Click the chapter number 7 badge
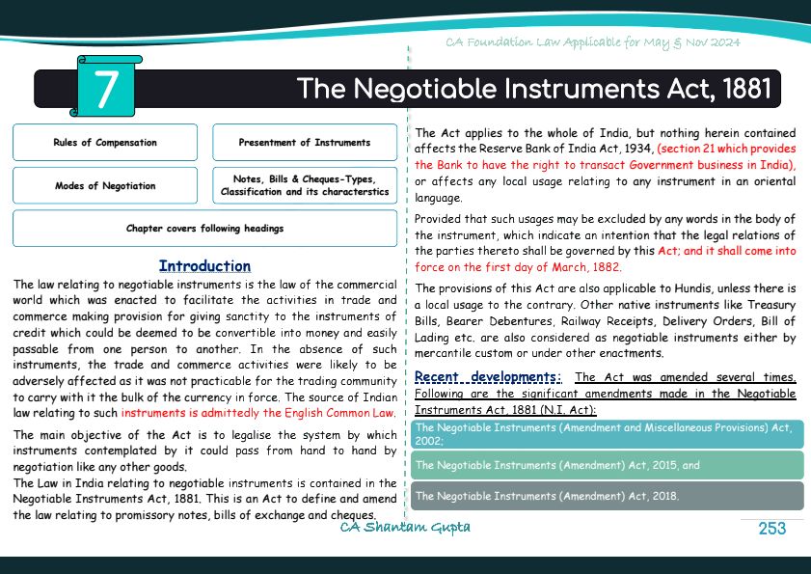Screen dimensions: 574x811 [107, 87]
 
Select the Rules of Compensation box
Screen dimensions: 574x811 [105, 143]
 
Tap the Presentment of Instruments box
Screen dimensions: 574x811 [305, 143]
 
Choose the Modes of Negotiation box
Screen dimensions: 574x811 [105, 186]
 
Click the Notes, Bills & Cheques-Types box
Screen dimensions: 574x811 [305, 185]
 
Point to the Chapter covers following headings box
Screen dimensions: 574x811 [204, 229]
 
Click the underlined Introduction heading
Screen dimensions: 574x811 [204, 266]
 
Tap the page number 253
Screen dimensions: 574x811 [772, 528]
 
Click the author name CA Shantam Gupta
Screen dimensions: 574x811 [405, 527]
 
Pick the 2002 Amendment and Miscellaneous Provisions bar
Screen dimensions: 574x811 [608, 433]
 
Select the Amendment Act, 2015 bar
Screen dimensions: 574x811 [608, 465]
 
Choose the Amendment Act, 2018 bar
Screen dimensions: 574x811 [608, 496]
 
